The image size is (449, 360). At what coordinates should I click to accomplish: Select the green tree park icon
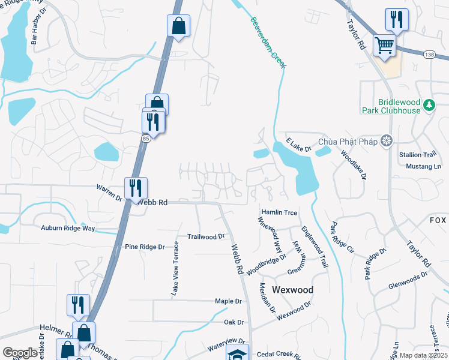point(429,106)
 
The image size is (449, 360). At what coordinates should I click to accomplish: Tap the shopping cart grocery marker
point(384,45)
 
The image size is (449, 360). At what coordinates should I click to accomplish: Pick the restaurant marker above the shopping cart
point(396,20)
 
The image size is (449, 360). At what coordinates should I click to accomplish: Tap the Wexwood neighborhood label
point(292,289)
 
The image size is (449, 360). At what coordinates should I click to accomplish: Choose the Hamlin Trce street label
point(279,212)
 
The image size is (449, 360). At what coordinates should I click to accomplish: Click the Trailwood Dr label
point(205,237)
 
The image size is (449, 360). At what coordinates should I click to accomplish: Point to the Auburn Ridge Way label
point(68,228)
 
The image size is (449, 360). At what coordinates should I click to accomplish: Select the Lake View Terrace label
point(175,268)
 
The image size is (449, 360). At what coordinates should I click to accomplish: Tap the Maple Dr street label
point(228,301)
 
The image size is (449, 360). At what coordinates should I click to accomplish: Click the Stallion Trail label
point(417,154)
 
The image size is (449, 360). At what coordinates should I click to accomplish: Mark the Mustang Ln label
point(423,166)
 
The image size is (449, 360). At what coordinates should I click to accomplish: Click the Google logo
point(20,353)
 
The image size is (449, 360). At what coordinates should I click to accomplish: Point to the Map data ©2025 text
point(423,355)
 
